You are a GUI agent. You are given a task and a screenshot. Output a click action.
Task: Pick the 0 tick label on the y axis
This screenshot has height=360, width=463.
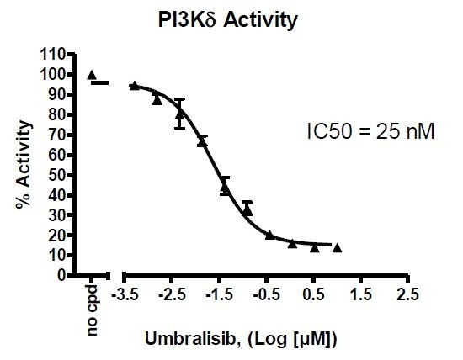point(61,275)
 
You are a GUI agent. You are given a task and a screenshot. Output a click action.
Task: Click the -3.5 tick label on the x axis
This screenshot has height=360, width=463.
point(125,294)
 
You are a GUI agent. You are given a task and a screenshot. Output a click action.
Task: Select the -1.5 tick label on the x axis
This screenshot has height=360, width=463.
point(220,294)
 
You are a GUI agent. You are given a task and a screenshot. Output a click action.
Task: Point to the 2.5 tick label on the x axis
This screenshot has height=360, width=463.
point(408,294)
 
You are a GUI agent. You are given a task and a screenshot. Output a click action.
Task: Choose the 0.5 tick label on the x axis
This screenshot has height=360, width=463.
point(315,294)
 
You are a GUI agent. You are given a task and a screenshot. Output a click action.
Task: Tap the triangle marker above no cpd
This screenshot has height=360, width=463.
point(92,75)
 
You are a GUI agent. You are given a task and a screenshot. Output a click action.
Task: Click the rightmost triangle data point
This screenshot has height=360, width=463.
point(337,247)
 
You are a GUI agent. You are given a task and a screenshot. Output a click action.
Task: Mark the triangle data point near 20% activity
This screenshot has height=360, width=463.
point(269,235)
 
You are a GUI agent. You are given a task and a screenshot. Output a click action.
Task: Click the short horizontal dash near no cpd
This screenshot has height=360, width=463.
point(100,82)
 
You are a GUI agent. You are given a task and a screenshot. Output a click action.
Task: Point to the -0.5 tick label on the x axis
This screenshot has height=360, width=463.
point(267,294)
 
